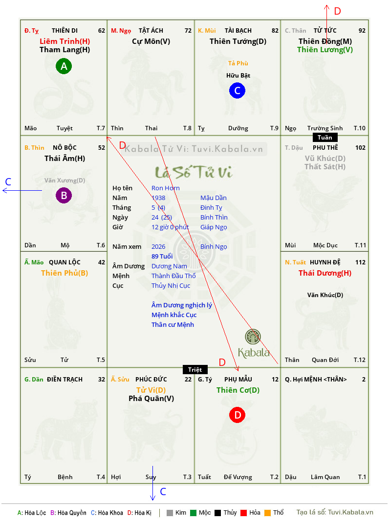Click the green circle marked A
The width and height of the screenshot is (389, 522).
click(64, 66)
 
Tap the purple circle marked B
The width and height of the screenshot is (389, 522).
click(64, 195)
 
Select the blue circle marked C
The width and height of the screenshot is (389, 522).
click(237, 91)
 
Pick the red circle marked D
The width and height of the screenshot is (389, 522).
click(237, 415)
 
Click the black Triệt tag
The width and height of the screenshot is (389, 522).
click(195, 369)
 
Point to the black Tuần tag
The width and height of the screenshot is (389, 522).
click(325, 138)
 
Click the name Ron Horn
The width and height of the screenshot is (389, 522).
click(166, 188)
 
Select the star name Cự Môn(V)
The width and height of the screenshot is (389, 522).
click(151, 41)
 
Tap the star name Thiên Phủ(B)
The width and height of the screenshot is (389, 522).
click(65, 273)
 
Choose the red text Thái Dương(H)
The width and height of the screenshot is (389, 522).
click(325, 273)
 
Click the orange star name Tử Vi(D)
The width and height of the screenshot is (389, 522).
click(151, 390)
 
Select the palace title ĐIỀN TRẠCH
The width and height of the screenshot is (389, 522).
click(65, 380)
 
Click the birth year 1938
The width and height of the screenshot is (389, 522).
click(158, 198)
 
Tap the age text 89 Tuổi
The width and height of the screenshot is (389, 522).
click(162, 256)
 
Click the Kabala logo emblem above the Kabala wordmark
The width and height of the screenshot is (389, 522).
click(253, 337)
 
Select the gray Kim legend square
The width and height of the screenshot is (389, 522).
click(170, 513)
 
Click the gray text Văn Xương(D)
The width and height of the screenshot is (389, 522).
click(65, 181)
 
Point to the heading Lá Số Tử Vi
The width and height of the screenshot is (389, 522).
click(194, 172)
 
